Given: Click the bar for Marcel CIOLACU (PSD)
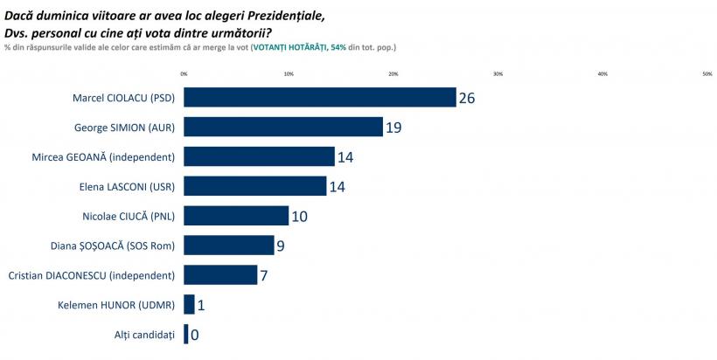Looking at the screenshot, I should (319, 97).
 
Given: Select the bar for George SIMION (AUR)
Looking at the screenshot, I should (283, 127).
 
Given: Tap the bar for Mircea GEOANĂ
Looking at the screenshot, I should (259, 156).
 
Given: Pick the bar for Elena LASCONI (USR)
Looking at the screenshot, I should (254, 186).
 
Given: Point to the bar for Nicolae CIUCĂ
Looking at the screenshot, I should (236, 216).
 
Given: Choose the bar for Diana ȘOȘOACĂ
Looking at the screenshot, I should (228, 246).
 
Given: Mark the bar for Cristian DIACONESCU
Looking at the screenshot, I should (220, 275).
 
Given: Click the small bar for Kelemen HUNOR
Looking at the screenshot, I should (189, 305).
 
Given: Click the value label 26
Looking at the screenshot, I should (467, 98).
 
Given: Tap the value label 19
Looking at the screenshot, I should (393, 128).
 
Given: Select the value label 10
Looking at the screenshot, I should (299, 217).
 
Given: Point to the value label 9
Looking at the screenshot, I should (281, 246).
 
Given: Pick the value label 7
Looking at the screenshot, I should (265, 276).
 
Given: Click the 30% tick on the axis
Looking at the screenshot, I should (498, 73).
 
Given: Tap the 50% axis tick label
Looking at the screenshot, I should (707, 73).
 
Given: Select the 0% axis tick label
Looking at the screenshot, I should (184, 73).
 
